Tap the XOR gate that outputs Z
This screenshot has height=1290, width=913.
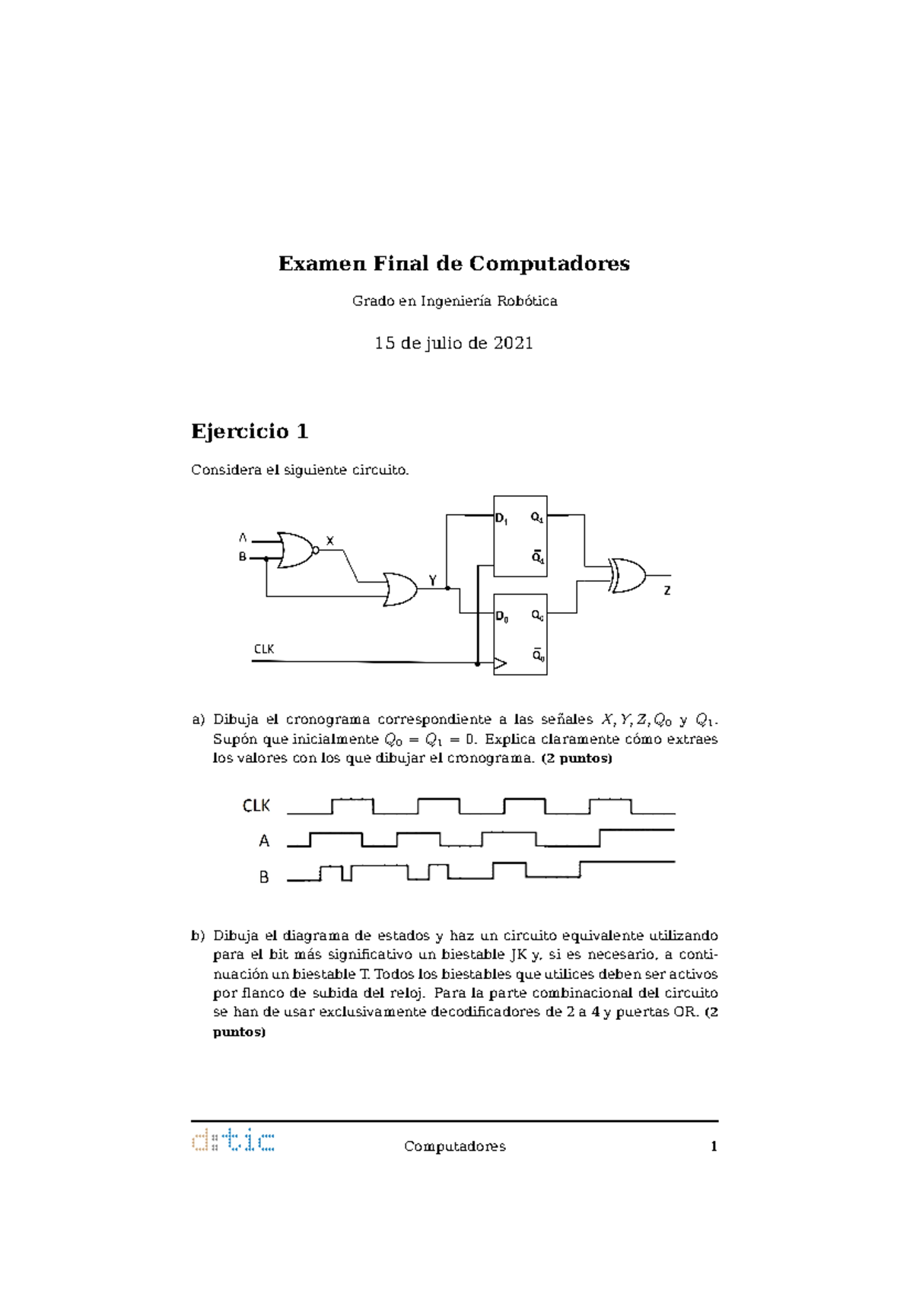[x=628, y=575]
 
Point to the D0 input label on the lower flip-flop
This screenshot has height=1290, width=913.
[x=502, y=617]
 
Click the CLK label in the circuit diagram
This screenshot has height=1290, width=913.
[x=264, y=649]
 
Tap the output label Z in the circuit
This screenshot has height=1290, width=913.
[x=667, y=590]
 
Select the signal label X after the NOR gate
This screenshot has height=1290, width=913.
[x=330, y=541]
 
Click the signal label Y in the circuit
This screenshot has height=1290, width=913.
[x=433, y=580]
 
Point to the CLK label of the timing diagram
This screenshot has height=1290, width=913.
[x=256, y=805]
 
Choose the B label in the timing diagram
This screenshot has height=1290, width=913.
[x=264, y=877]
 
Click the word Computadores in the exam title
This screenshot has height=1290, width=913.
[x=549, y=263]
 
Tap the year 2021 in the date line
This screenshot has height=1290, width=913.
[x=513, y=343]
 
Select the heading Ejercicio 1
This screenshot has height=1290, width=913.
[x=250, y=431]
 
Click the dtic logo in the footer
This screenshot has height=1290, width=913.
[x=233, y=1141]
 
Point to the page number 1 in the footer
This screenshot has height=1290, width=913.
[x=714, y=1146]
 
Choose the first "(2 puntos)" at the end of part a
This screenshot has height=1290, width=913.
[x=576, y=758]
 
